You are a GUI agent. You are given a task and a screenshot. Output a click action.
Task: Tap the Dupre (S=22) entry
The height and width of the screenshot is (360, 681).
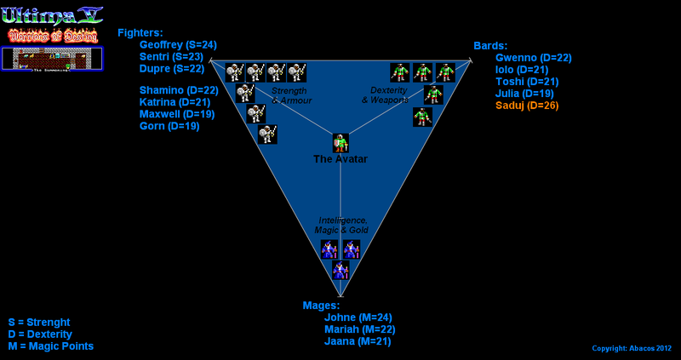[171, 69]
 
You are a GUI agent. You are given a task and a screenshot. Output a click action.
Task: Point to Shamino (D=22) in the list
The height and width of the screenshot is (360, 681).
[179, 90]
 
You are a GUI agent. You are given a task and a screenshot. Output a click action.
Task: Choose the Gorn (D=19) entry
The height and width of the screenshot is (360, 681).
[169, 126]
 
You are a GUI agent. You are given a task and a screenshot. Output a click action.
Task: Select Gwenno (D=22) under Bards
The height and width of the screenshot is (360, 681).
[533, 58]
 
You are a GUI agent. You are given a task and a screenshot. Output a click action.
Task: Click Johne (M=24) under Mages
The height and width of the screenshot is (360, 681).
[358, 317]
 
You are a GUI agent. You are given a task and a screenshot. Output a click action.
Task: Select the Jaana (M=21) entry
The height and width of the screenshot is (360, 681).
[358, 341]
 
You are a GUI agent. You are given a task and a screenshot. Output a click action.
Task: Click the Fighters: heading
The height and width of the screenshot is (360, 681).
[140, 33]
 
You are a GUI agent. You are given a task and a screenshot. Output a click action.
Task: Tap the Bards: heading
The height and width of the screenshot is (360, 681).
[490, 45]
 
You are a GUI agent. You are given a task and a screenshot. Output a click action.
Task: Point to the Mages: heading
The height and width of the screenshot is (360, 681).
[321, 305]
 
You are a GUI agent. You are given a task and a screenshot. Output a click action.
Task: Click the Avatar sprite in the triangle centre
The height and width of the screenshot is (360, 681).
[340, 143]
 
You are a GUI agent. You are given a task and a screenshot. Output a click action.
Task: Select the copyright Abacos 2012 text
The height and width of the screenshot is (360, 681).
[632, 348]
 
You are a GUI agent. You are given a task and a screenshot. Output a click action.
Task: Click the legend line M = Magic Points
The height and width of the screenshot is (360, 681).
[50, 346]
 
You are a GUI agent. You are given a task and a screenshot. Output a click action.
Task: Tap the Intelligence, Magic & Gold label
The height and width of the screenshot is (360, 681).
[342, 226]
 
